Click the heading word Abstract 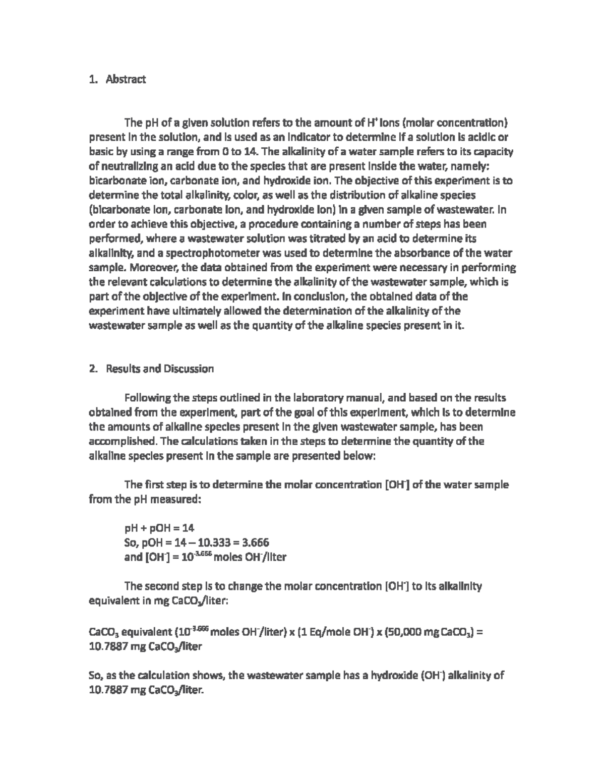[126, 79]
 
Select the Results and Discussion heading [159, 369]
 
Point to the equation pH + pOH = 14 [159, 528]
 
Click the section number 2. [92, 369]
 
